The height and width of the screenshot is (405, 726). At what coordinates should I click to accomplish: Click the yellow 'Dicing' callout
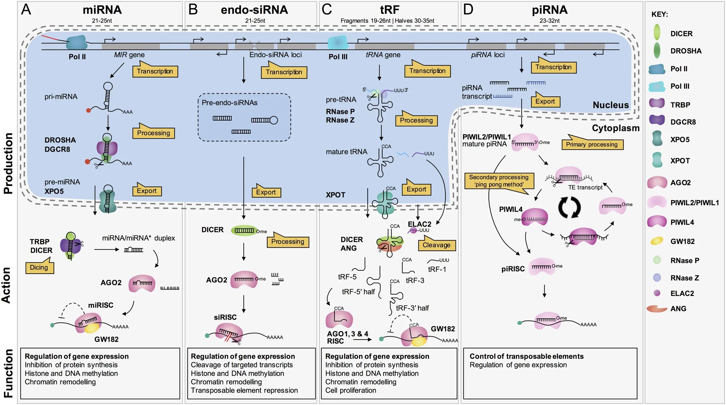click(x=39, y=267)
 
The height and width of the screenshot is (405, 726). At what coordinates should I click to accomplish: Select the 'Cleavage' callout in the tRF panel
click(x=436, y=245)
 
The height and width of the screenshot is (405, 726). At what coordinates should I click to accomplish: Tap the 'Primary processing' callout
click(x=592, y=144)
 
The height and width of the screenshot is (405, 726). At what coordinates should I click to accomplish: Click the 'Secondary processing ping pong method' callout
click(x=499, y=181)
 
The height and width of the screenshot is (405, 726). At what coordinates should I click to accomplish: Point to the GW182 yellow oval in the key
click(x=657, y=241)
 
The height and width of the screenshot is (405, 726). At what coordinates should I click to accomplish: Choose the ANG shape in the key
click(x=657, y=309)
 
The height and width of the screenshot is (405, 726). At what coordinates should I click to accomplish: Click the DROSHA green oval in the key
click(x=657, y=51)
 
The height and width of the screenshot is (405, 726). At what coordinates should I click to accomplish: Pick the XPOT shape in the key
click(x=657, y=160)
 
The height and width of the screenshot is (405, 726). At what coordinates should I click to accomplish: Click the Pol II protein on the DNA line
click(x=77, y=43)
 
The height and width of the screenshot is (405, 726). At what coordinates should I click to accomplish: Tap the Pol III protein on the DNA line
click(x=338, y=43)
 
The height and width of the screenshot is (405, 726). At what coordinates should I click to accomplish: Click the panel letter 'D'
click(x=468, y=9)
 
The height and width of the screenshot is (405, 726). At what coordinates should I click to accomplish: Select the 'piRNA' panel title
click(x=549, y=10)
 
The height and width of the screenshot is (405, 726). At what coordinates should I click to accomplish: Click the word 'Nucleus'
click(x=610, y=105)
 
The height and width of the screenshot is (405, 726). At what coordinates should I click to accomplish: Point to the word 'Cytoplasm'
click(x=615, y=128)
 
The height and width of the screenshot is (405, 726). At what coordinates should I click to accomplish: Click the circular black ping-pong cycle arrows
click(x=569, y=207)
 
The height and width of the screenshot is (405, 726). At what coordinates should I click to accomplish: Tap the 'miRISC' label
click(x=101, y=305)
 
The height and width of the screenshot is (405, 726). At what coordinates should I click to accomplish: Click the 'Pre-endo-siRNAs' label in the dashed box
click(x=229, y=103)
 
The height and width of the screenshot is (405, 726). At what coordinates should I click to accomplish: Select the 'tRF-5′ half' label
click(x=358, y=292)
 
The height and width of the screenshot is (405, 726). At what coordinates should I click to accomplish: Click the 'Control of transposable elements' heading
click(x=526, y=356)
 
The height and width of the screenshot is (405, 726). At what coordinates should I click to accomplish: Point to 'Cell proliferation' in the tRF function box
click(x=350, y=390)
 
